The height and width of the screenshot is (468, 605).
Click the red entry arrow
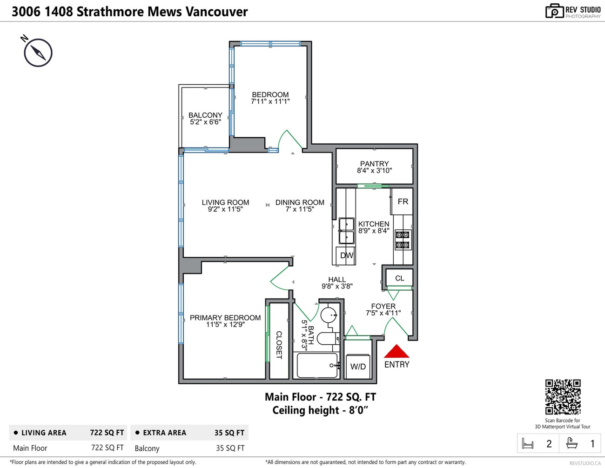pos(396,351)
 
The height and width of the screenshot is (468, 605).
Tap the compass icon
pos(38,53)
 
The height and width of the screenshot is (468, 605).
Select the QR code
pos(563,397)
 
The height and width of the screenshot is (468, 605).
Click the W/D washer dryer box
pos(358,367)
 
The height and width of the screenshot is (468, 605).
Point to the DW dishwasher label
pos(346,255)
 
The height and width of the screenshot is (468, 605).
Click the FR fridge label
pos(403,201)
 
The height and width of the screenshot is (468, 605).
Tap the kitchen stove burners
pos(402,240)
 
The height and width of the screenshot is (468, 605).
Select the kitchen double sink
pos(346,231)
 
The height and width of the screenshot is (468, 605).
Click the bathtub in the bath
pos(317,366)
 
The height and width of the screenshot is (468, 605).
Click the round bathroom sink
pos(329,315)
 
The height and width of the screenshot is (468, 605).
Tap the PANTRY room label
pos(374,164)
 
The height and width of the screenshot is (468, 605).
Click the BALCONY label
pos(205,115)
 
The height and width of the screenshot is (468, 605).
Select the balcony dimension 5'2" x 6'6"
pos(205,122)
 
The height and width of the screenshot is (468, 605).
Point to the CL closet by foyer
pos(399,278)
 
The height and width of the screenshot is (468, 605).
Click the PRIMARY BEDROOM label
pos(225,318)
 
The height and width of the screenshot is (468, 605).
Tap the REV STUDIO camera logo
pos(554,11)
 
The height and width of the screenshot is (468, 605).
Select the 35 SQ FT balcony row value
pos(230,448)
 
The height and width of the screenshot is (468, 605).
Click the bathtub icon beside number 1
pos(572,443)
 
